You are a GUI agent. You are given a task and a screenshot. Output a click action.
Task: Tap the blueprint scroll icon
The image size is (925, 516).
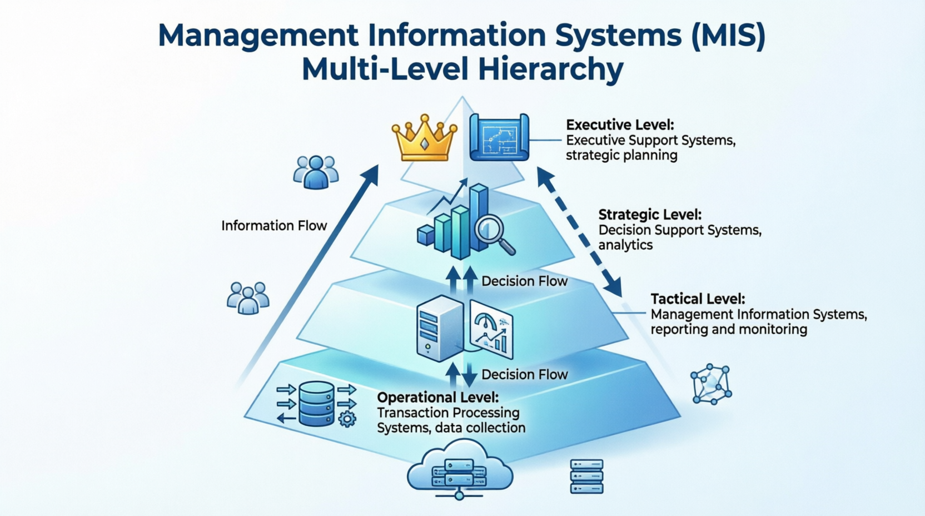coord(499,137)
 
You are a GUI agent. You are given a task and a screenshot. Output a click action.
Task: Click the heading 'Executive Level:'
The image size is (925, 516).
coord(620,125)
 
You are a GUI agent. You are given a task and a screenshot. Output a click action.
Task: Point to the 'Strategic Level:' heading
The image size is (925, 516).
coord(650,215)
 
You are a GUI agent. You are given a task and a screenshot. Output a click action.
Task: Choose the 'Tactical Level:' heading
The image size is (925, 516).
coord(698,299)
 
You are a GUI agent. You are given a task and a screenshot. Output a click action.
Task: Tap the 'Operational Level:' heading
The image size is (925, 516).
coord(437,397)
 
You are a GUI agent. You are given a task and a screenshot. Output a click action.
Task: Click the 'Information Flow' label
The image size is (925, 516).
coord(274,226)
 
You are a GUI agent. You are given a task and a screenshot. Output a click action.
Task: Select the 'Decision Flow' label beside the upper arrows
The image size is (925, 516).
coord(524,281)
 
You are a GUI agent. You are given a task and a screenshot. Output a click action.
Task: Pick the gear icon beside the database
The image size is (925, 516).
coord(347,419)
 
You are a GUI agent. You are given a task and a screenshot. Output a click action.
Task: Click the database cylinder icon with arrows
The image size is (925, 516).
coord(316,404)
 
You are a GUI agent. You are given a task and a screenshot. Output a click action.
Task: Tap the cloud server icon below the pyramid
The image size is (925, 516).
coord(460,470)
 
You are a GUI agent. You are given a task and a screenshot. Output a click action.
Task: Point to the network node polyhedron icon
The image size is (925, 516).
coord(711,384)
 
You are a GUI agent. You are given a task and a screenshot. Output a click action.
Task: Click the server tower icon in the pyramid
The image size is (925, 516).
coord(440,329)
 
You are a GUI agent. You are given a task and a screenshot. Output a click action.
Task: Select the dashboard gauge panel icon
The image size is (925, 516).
coord(491,329)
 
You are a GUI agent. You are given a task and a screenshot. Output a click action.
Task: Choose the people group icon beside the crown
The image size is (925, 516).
coord(316,172)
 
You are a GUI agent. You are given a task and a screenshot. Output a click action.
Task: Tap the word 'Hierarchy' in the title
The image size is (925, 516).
coord(550,70)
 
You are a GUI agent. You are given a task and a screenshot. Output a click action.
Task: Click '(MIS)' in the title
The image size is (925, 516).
coord(728,34)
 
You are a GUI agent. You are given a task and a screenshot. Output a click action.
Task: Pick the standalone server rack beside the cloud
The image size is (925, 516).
coord(586,476)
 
